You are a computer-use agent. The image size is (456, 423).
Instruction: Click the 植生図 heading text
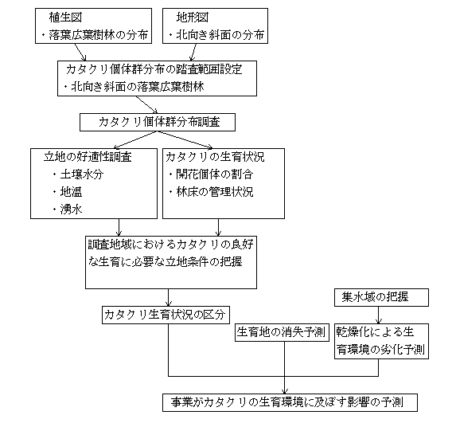(x=65, y=18)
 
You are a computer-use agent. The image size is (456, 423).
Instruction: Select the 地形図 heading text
(x=193, y=18)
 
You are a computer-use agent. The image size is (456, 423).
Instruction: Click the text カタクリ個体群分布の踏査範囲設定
(x=154, y=69)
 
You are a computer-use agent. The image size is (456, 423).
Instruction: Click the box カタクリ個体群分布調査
(x=158, y=122)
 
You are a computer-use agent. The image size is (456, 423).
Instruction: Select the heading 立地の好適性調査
(x=88, y=157)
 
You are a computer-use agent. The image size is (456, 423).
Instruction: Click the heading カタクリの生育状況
(x=215, y=157)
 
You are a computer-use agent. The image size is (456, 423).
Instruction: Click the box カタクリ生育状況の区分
(x=166, y=315)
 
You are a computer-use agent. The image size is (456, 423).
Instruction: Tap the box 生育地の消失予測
(x=282, y=332)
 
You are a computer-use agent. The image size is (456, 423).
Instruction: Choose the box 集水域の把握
(x=381, y=297)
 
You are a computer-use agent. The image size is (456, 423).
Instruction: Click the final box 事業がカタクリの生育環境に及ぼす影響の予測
(x=290, y=402)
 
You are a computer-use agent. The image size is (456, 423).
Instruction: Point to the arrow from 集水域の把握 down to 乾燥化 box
(x=378, y=315)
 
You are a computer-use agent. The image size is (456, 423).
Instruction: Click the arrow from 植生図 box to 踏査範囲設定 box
(x=80, y=52)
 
